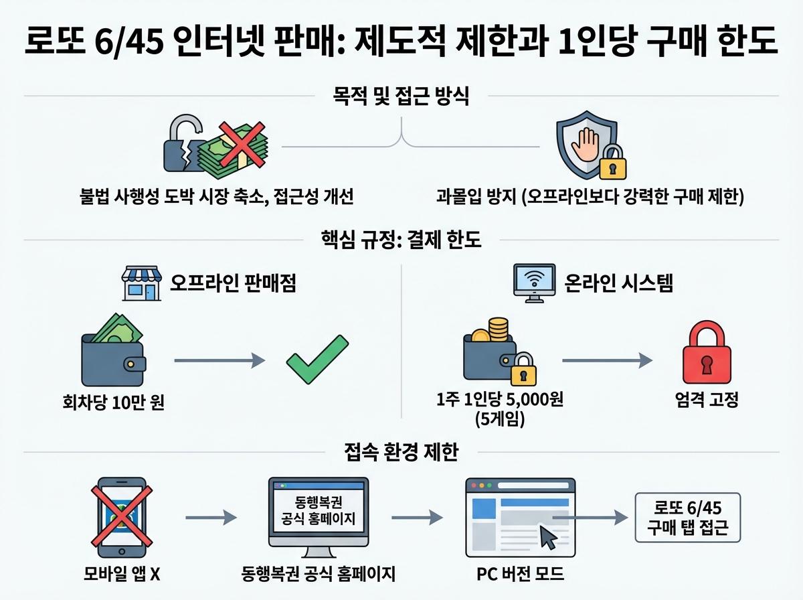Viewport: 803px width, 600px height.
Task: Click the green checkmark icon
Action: point(317,360)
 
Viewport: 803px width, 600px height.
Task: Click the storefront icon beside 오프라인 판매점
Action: point(141,284)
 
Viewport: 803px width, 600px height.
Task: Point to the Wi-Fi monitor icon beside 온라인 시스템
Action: point(534,283)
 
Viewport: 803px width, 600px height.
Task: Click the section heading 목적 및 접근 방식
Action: point(400,97)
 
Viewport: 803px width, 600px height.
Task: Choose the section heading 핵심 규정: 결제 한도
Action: point(401,240)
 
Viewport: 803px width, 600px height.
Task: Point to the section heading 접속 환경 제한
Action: point(401,453)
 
